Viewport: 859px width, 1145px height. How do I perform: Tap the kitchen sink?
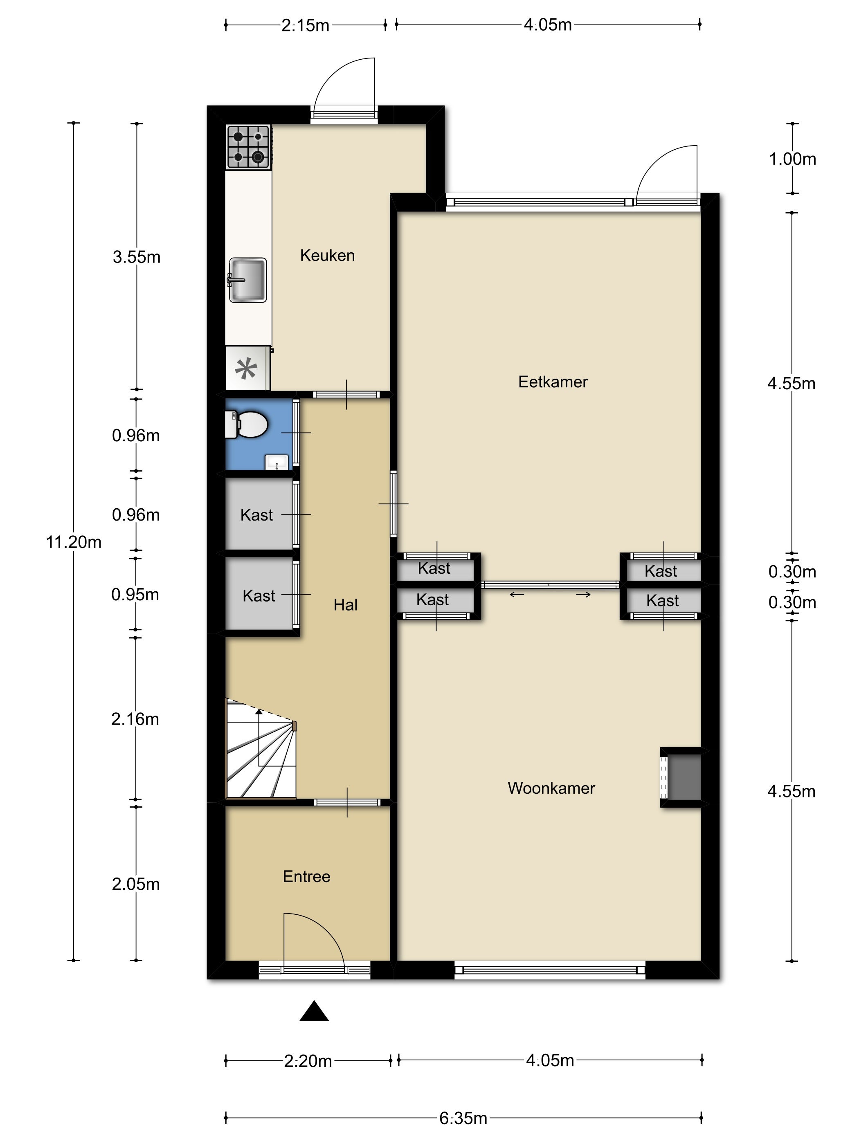[x=247, y=280]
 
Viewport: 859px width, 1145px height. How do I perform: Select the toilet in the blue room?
[x=246, y=424]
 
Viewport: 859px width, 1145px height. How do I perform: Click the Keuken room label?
[x=327, y=255]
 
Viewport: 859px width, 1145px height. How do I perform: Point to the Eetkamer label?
[x=553, y=382]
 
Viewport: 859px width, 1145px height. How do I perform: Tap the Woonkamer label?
[x=551, y=788]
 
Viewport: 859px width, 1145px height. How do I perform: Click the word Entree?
[x=306, y=876]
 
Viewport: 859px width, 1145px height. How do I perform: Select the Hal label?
[x=345, y=604]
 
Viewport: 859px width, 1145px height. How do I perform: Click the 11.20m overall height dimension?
[x=74, y=542]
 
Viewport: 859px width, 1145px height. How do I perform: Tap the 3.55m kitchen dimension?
[x=137, y=257]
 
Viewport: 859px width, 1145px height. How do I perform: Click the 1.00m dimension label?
[x=792, y=159]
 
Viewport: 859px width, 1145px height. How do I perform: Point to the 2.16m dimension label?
[x=135, y=719]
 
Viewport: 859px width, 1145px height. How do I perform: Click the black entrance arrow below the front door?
[x=314, y=1011]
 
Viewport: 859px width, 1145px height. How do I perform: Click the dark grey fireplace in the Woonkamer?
[x=684, y=777]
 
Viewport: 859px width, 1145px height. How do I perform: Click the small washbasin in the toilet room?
[x=277, y=462]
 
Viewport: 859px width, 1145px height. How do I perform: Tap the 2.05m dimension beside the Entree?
[x=136, y=884]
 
